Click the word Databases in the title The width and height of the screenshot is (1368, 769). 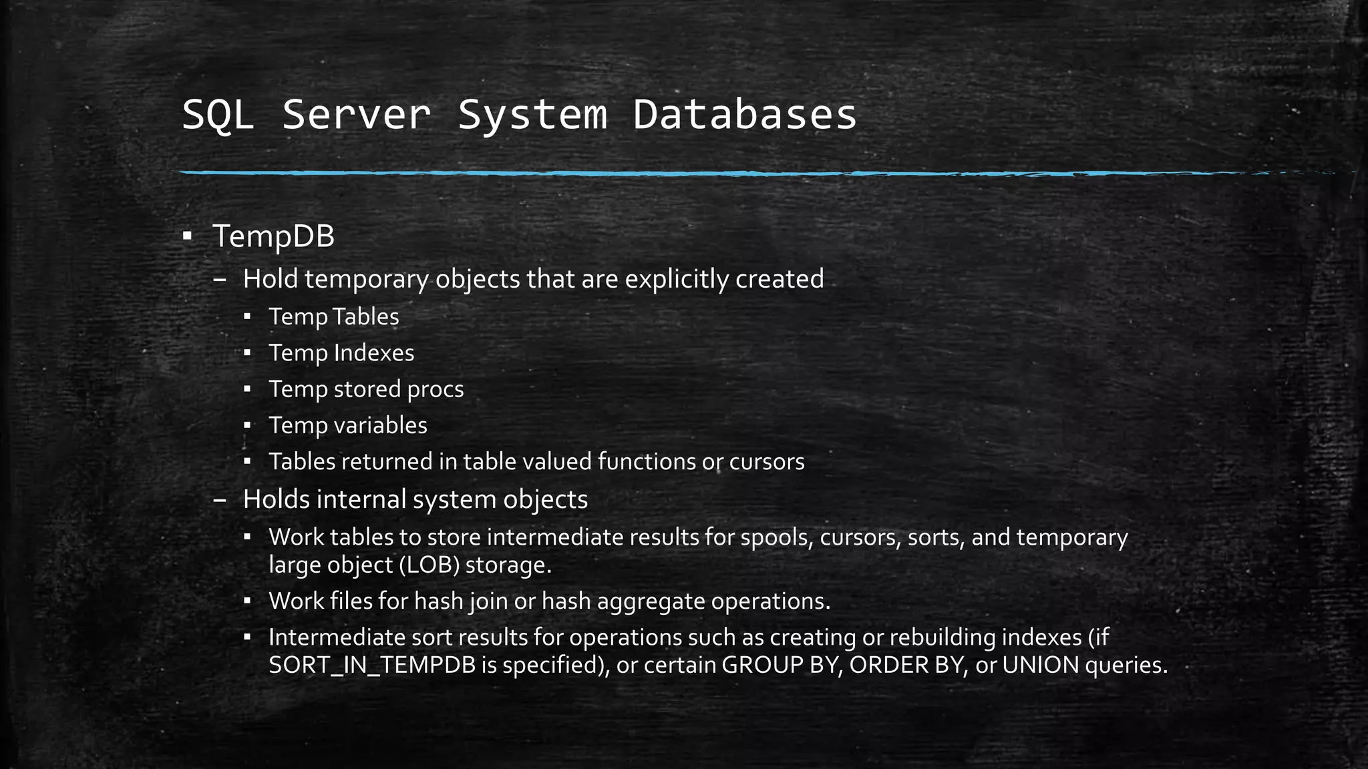(745, 114)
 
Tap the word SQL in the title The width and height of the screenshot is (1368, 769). (218, 114)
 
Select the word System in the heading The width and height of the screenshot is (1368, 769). (532, 114)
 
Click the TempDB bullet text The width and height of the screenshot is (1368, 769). (273, 236)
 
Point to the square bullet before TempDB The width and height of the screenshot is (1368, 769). (187, 236)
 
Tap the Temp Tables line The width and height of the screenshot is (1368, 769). (333, 316)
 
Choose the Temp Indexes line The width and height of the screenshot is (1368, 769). (341, 352)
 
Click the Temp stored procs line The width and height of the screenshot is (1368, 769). (366, 389)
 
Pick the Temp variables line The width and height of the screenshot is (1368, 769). (348, 425)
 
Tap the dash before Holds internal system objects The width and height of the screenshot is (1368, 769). (219, 501)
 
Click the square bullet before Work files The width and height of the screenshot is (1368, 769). (246, 601)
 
